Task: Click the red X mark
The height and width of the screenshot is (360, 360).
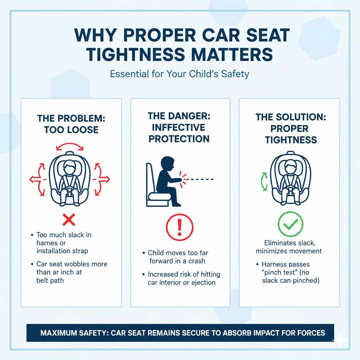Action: (69, 220)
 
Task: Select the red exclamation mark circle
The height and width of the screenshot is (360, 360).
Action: (180, 227)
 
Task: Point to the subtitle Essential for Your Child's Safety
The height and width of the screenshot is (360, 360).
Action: (180, 74)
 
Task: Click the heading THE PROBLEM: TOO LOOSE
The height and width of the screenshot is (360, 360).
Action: (71, 124)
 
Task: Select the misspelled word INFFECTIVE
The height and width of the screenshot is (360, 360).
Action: (179, 127)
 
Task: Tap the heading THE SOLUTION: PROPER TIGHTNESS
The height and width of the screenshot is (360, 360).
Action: (291, 128)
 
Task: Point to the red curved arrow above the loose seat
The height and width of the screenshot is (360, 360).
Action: (70, 144)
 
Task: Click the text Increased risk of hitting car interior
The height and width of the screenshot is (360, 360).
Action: (181, 278)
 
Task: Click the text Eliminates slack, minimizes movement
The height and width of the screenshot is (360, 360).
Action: (289, 247)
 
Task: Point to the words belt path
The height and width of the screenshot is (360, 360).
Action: (50, 280)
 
